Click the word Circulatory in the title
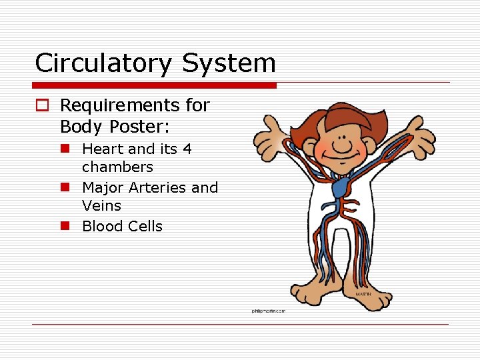[103, 63]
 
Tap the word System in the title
[227, 63]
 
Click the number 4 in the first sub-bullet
[187, 149]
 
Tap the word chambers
[117, 167]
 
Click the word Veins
[101, 206]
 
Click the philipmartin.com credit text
[268, 311]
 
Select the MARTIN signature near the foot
[362, 293]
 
